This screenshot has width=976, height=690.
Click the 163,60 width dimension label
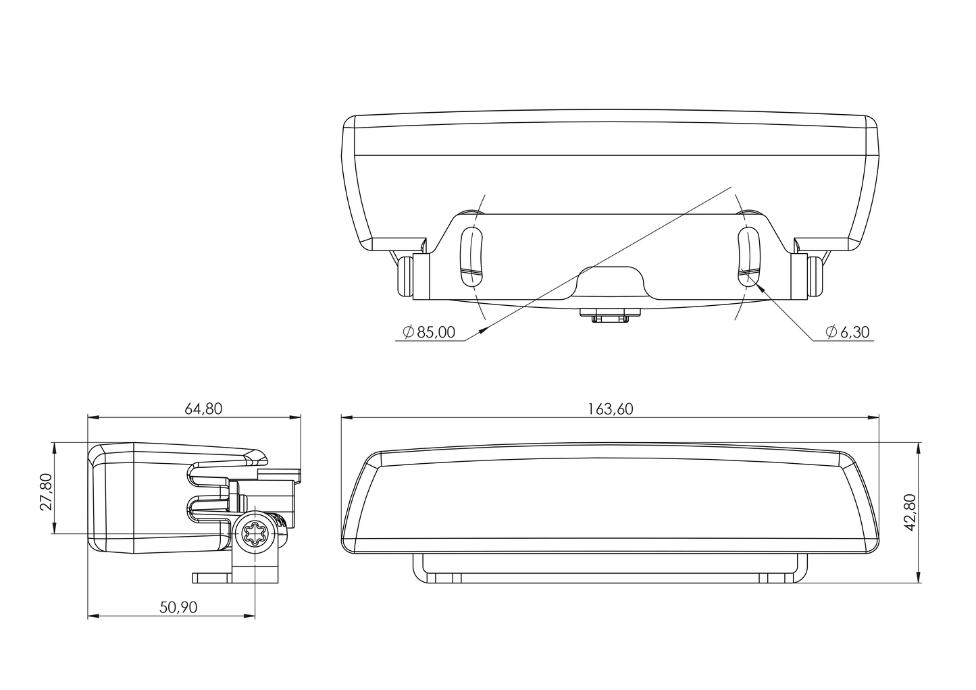click(x=610, y=408)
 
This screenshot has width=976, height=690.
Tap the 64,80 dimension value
click(x=203, y=408)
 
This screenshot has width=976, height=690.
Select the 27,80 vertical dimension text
click(x=46, y=492)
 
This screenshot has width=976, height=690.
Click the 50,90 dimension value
click(x=178, y=607)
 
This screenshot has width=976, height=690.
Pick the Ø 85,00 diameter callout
click(x=429, y=331)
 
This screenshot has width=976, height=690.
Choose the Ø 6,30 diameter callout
click(x=847, y=331)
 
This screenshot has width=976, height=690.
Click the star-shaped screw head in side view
click(x=256, y=535)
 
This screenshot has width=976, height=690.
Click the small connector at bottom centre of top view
click(x=610, y=316)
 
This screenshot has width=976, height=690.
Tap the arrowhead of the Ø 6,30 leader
click(x=761, y=285)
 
